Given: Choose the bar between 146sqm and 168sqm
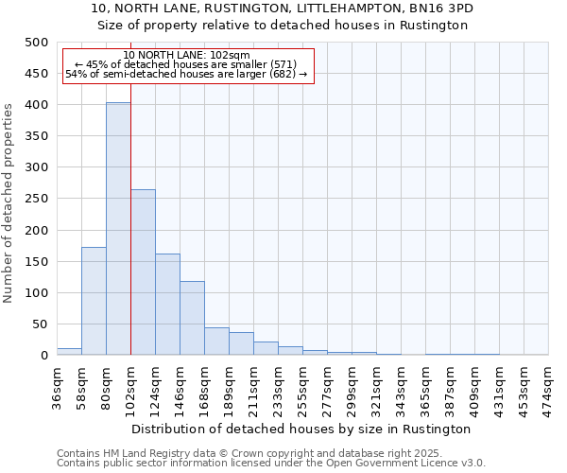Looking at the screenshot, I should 192,318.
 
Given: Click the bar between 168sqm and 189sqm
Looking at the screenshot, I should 216,342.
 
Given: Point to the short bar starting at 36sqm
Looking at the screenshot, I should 69,352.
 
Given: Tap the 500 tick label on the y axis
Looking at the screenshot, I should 36,43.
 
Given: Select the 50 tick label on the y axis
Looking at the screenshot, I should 40,324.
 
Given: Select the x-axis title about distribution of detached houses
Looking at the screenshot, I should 302,429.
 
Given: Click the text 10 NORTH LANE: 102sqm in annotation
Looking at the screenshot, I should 186,56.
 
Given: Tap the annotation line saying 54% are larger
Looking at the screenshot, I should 186,75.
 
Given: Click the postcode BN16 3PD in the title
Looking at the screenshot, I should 439,9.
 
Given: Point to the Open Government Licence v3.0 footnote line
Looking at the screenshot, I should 271,464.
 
